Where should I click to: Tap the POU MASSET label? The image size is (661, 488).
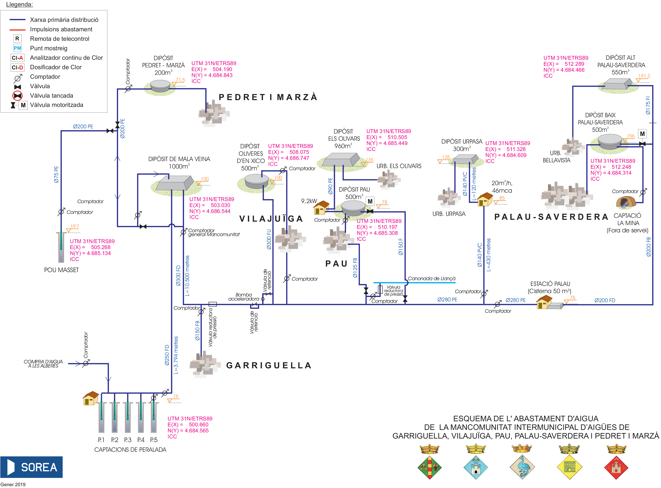(61, 270)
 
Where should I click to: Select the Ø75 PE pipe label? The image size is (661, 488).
(56, 175)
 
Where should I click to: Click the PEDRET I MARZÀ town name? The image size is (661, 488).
(268, 97)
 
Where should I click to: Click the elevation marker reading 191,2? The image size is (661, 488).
(644, 76)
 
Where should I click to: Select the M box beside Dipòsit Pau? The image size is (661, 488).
(370, 201)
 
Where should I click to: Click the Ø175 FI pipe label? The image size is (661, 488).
(648, 105)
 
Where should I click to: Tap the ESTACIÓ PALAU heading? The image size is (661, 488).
(550, 284)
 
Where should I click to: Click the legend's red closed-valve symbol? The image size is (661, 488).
(18, 96)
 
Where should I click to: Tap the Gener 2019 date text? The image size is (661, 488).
(13, 484)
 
